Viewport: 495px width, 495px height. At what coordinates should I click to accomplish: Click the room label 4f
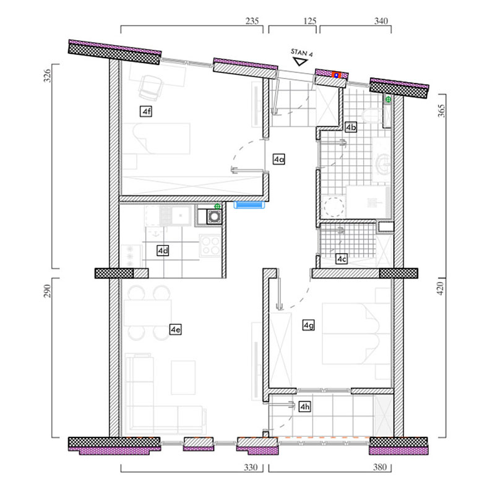coord(146,111)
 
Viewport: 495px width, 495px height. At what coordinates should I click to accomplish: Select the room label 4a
coord(279,159)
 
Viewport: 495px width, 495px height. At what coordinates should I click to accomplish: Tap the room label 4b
coord(351,127)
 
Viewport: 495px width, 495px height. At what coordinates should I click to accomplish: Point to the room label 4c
coord(342,259)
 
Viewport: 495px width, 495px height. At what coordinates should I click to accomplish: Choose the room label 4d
coord(163,251)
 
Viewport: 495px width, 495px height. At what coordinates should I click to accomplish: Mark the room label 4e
coord(176,329)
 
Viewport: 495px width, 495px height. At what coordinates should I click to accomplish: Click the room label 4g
coord(308,325)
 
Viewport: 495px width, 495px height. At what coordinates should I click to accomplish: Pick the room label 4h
coord(304,407)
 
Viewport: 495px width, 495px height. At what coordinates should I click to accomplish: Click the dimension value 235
coord(252,21)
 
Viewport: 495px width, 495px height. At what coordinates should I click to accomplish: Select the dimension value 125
coord(310,21)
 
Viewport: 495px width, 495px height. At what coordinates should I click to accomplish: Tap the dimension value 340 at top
coord(381,21)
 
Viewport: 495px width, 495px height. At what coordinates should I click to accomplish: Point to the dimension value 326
coord(47,75)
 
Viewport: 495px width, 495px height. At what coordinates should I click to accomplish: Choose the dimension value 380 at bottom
coord(380,467)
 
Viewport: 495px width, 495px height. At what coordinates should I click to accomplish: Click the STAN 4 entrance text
coord(302,53)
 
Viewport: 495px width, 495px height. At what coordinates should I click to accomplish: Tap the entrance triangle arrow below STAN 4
coord(299,61)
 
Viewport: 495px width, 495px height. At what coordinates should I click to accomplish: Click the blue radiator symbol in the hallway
coord(249,205)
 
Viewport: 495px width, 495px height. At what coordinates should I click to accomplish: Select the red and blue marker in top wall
coord(337,75)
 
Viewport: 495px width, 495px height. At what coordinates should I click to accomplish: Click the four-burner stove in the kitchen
coord(210,245)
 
